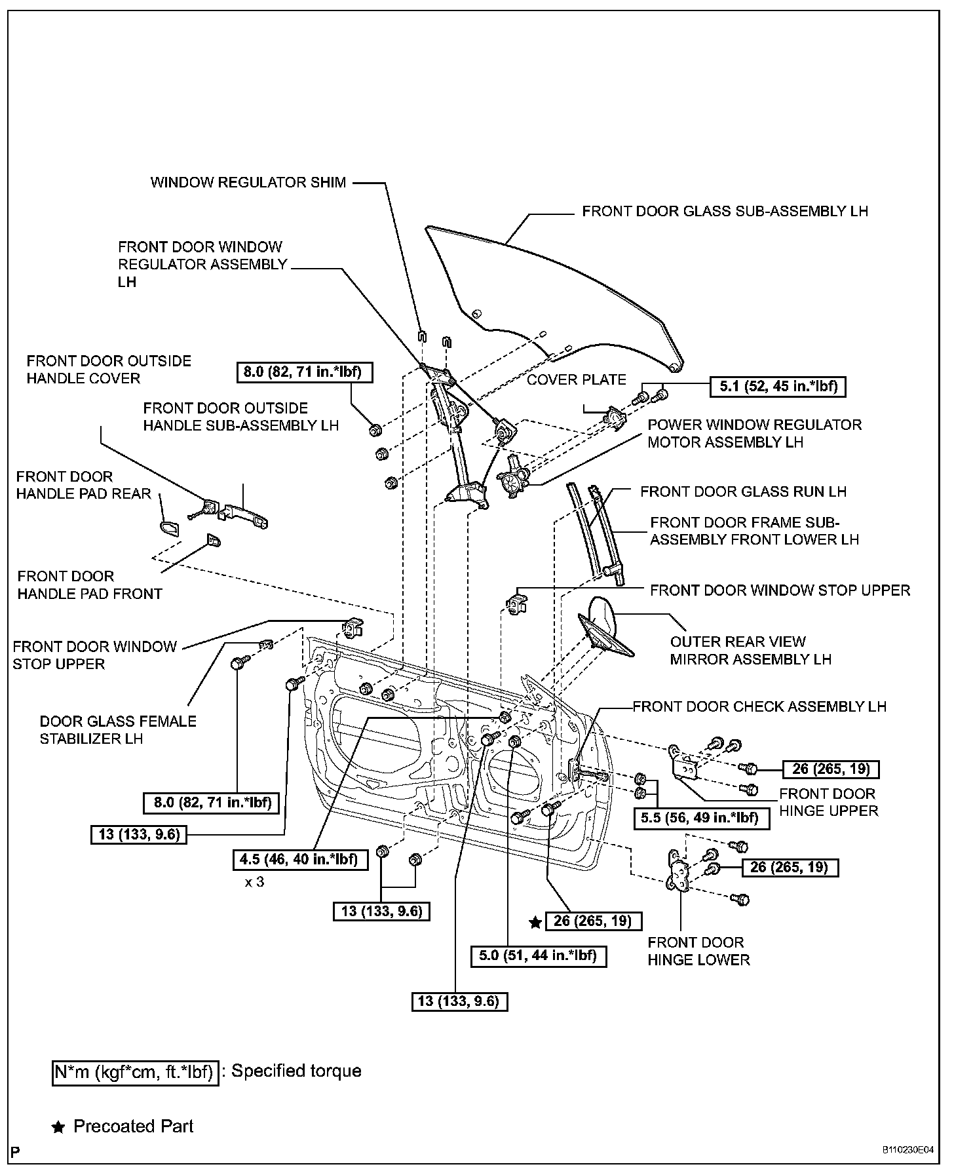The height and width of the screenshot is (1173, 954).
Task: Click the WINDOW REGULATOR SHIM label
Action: point(248,182)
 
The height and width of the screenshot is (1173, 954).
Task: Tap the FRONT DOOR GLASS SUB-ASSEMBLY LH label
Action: point(725,211)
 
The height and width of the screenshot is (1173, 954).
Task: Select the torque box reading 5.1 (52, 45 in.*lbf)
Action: point(778,386)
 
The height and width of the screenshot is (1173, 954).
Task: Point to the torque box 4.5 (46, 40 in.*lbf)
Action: point(300,859)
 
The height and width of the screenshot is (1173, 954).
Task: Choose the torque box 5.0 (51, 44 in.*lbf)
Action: point(538,955)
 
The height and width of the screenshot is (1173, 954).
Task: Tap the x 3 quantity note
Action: point(254,882)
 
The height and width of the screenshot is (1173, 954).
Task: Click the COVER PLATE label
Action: point(577,380)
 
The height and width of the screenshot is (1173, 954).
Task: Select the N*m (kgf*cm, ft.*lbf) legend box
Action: point(135,1072)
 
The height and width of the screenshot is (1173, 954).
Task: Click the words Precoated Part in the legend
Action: point(134,1126)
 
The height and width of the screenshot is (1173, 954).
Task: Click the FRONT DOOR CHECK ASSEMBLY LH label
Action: point(759,706)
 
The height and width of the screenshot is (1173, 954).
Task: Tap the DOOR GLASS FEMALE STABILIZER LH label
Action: point(118,730)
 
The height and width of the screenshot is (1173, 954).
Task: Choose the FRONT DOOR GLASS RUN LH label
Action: point(743,491)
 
